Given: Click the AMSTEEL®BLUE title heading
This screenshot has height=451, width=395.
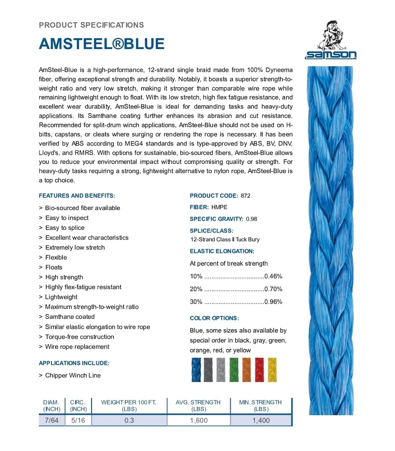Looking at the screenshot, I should (x=101, y=44).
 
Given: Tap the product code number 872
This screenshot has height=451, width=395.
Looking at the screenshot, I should (x=246, y=196).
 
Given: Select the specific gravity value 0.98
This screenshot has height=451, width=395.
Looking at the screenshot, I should (x=251, y=219).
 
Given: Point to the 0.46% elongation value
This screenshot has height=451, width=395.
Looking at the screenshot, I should (x=273, y=277).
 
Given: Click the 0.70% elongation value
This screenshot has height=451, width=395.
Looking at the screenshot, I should (x=273, y=289).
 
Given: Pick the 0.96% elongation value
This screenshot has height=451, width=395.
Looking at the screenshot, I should (x=273, y=302).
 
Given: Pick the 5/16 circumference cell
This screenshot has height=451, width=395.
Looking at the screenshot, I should (x=78, y=421).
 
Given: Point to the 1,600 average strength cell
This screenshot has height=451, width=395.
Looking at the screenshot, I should (x=198, y=421).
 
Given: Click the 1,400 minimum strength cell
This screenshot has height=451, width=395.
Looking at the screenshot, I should (x=261, y=421).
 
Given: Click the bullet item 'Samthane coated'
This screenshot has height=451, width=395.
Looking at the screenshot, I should (x=70, y=317).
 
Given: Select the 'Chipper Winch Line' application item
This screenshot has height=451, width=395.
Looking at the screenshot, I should (x=73, y=375).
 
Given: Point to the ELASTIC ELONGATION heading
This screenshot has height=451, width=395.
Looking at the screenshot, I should (x=222, y=251).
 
